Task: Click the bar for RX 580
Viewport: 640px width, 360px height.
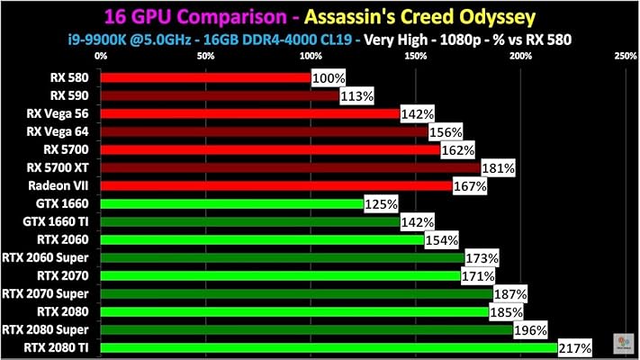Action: coord(205,77)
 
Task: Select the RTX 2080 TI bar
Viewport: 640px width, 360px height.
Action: coord(329,347)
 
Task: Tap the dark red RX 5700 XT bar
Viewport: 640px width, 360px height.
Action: coord(290,167)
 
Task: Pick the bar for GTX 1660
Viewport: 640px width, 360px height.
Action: coord(231,204)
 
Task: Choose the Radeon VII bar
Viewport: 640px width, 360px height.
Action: coord(275,185)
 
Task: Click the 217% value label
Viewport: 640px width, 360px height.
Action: coord(574,347)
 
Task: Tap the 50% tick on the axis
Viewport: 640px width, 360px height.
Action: coord(205,57)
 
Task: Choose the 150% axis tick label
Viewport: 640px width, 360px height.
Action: coord(415,57)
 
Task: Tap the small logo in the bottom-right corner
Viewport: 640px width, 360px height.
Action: coord(622,343)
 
